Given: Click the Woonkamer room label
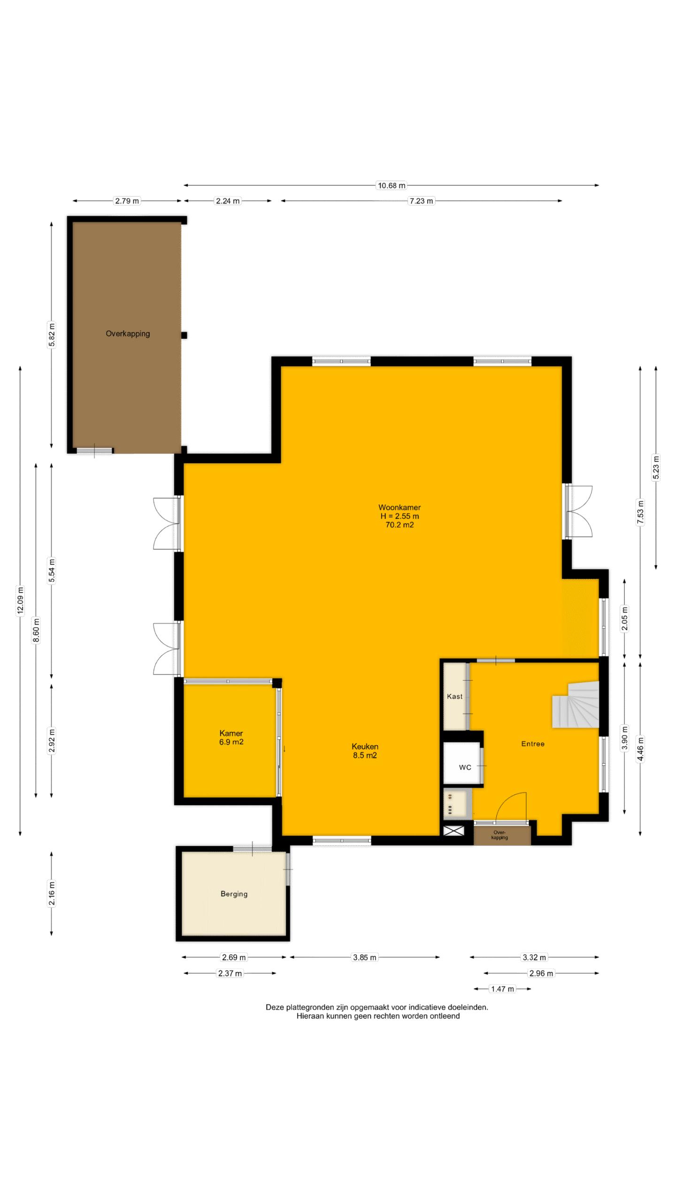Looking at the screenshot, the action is tap(399, 516).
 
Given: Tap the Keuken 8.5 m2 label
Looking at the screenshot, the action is tap(365, 751).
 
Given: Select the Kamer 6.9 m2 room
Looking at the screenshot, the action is tap(230, 740).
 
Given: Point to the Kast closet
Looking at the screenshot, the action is tap(455, 696).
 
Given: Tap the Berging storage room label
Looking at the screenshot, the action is tap(234, 894).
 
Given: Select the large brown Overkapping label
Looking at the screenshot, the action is tap(128, 334).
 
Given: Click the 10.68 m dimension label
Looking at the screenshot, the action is tap(392, 185).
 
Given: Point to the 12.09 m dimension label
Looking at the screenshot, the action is tap(20, 600).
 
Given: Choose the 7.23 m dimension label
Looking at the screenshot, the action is tap(421, 201).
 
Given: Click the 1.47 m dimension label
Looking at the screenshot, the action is tap(502, 989).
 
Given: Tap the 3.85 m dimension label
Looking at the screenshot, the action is tap(365, 958).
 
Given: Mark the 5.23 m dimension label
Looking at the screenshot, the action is tap(656, 468).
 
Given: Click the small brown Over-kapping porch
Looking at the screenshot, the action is tap(502, 835).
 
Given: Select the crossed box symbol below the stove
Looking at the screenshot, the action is tap(453, 830).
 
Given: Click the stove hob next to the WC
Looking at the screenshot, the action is tap(456, 803).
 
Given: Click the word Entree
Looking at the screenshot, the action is tap(533, 744).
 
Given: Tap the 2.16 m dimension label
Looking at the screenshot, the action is tap(52, 894).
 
